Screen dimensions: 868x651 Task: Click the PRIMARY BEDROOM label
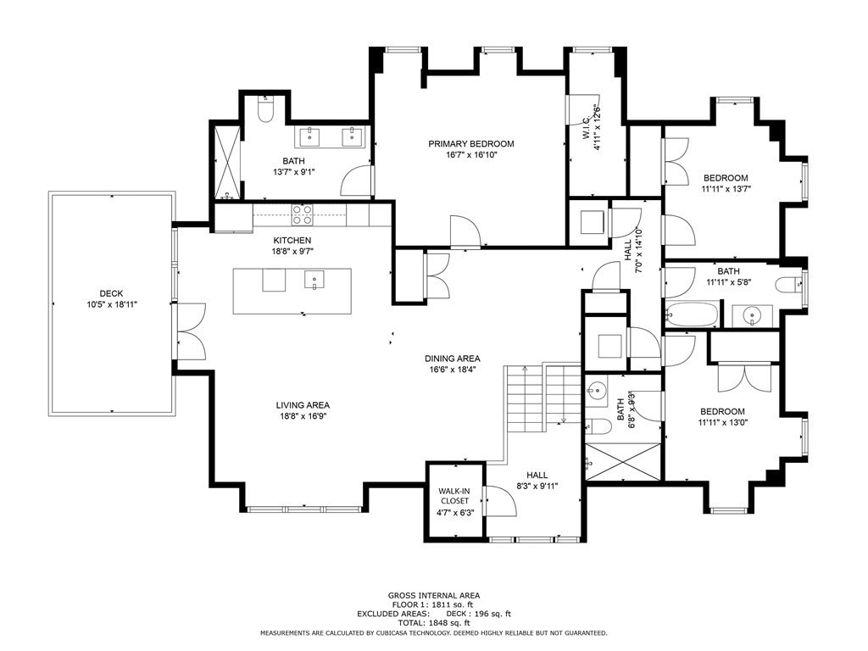tap(471, 144)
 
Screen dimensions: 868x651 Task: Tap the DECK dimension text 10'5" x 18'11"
tap(112, 304)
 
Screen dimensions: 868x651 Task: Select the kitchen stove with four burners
tap(302, 214)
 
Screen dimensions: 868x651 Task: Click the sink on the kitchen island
tap(314, 280)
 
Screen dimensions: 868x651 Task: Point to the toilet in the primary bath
tap(266, 109)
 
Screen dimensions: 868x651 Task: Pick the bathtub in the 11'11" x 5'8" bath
tap(692, 314)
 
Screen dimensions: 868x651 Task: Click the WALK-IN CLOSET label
tap(454, 496)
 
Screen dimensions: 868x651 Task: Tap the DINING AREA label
tap(453, 359)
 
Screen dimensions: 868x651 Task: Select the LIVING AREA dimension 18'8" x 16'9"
tap(303, 416)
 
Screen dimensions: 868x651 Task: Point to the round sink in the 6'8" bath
tap(596, 390)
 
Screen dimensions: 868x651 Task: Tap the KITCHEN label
tap(292, 241)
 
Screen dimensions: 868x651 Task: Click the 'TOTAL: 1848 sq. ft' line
tap(434, 623)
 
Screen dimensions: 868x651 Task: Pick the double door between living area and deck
tap(191, 331)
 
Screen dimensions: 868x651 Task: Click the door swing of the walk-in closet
tap(500, 501)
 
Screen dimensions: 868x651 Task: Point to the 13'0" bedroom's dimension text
tap(722, 422)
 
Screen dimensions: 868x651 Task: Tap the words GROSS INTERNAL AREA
tap(434, 596)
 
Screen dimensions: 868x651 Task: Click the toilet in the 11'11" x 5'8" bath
tap(789, 286)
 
